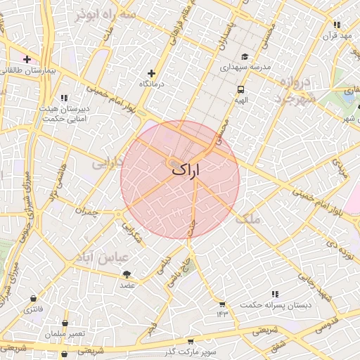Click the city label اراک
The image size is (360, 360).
(185, 169)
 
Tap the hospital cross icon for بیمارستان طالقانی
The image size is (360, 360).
(27, 60)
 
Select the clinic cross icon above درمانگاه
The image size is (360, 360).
(151, 73)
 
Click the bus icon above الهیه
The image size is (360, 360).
(241, 89)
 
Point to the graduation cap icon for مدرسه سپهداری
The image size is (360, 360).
(244, 57)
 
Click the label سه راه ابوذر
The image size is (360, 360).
(107, 14)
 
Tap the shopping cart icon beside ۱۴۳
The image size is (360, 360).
(223, 304)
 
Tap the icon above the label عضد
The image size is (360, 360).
(127, 274)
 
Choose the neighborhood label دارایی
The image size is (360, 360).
(108, 162)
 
